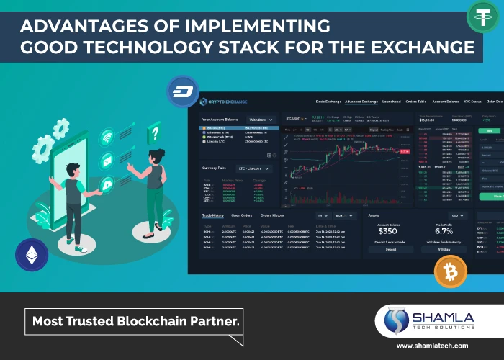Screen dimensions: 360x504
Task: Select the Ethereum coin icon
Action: (32, 254)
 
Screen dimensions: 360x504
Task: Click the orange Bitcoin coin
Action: (450, 272)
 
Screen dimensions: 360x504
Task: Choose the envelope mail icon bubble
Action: (107, 159)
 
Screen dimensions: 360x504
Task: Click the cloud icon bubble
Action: (107, 184)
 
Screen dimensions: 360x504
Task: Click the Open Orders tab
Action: (240, 215)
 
